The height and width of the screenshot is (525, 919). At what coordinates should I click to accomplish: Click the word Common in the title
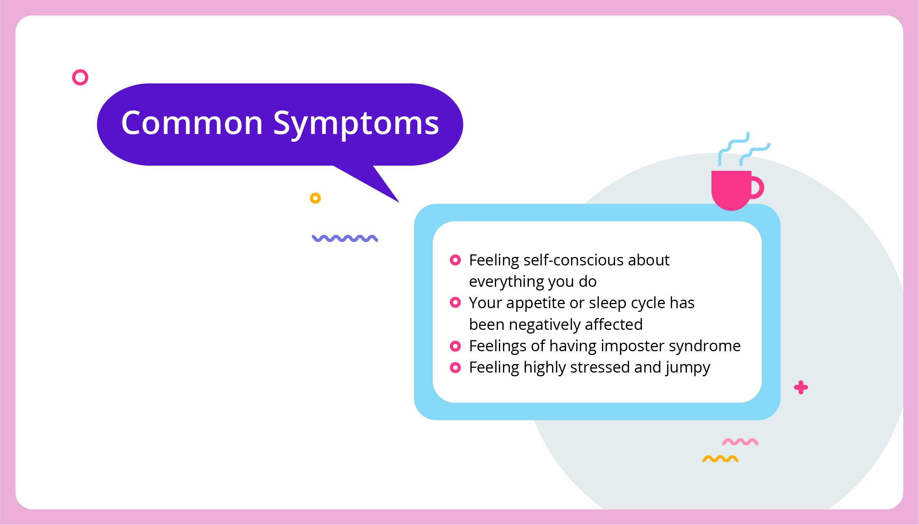tap(192, 123)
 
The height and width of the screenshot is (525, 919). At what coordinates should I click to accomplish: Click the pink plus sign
tap(801, 387)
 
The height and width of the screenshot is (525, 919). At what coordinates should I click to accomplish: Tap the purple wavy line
tap(345, 238)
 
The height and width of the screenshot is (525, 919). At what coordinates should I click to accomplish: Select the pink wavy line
tap(740, 442)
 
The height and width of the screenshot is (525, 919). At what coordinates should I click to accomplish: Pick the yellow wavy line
tap(720, 459)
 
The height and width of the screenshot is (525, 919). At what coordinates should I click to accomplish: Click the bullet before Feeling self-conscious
tap(455, 260)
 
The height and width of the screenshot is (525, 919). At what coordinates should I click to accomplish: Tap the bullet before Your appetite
tap(455, 303)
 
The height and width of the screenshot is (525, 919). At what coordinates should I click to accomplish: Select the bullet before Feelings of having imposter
tap(455, 346)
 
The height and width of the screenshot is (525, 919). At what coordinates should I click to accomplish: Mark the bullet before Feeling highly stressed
tap(455, 367)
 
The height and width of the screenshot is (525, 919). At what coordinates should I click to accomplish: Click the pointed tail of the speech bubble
tap(399, 202)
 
